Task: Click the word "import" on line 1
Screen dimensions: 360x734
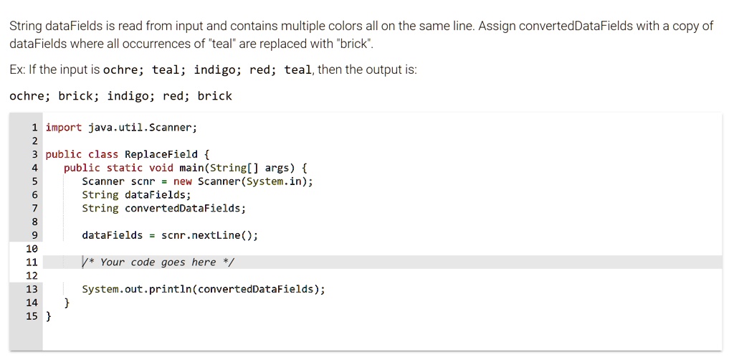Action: [64, 128]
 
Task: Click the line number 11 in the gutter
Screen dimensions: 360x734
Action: [32, 262]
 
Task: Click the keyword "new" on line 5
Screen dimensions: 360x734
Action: [183, 181]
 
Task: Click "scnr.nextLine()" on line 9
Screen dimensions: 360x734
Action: [209, 235]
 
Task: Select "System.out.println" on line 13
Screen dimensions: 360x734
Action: [136, 290]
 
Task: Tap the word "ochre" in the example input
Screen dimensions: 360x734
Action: [123, 70]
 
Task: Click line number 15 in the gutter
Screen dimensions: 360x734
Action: [32, 316]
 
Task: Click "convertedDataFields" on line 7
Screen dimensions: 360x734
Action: [185, 209]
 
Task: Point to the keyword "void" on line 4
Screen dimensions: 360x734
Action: [161, 168]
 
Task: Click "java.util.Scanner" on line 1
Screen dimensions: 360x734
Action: [142, 128]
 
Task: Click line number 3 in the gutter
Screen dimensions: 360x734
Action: [34, 154]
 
